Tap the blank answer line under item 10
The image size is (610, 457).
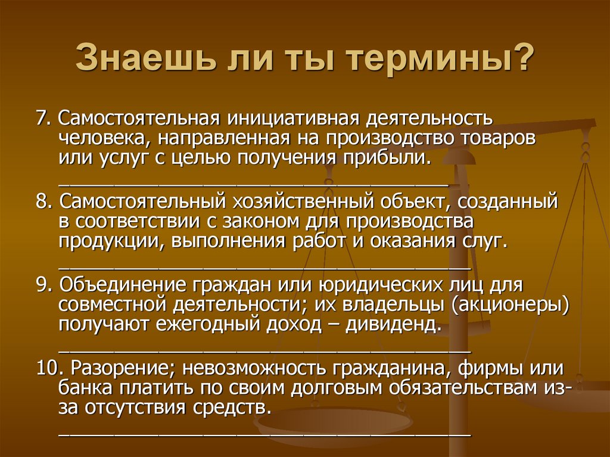(264, 433)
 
